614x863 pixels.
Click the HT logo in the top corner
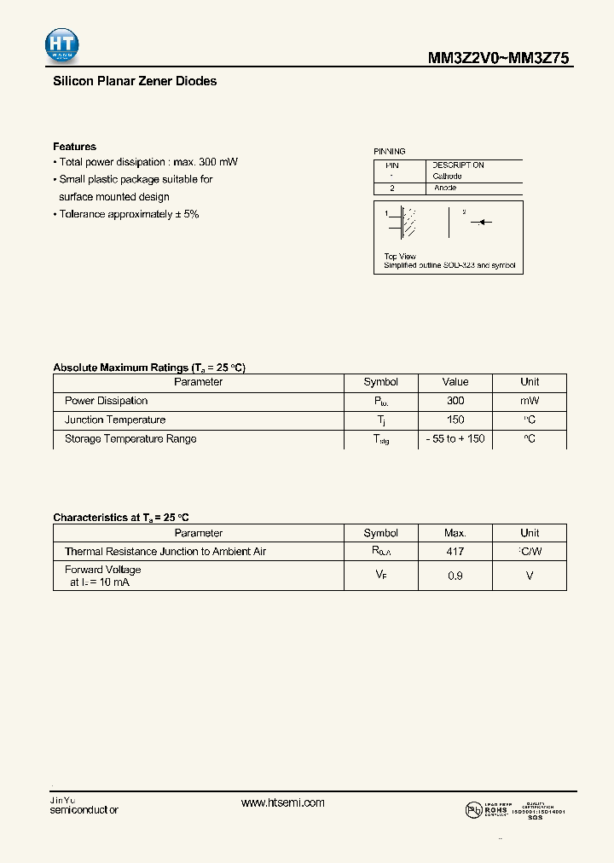pos(63,45)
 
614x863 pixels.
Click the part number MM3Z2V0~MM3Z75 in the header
pos(498,58)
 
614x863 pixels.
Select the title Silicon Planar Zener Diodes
pos(135,82)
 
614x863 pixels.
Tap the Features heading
pos(74,147)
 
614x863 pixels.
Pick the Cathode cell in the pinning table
pos(447,177)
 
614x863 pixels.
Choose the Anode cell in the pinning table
pos(445,188)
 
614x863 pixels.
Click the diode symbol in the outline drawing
pos(481,223)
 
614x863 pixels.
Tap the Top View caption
pos(400,257)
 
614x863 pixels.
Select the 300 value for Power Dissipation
pos(455,401)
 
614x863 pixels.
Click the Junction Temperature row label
pos(115,420)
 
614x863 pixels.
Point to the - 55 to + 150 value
pos(455,439)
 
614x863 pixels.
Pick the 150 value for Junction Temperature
pos(455,420)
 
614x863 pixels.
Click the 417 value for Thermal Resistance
pos(455,552)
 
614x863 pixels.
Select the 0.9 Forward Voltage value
pos(455,576)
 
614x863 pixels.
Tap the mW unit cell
pos(530,401)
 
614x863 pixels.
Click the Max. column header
pos(455,533)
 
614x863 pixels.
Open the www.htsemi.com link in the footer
pos(283,803)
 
